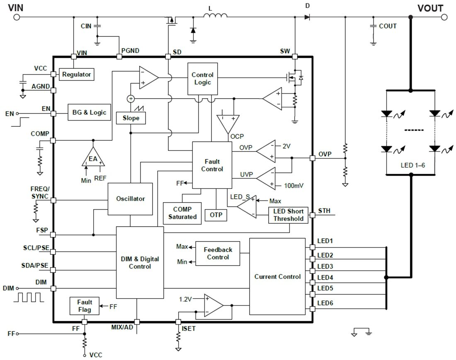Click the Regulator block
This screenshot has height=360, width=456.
pos(76,75)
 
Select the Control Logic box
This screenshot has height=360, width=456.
pos(202,78)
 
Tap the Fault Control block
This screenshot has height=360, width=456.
pos(212,165)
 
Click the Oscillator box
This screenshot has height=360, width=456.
pos(130,199)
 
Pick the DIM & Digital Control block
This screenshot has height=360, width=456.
pos(140,263)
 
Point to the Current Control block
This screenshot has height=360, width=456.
pos(277,276)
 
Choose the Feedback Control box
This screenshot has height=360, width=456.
pos(218,254)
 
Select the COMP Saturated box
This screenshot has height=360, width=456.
pos(182,213)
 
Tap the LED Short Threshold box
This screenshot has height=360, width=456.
pos(288,215)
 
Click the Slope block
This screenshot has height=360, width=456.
pos(131,118)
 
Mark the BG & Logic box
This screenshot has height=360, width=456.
pos(90,112)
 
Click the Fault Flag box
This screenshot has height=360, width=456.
pos(85,306)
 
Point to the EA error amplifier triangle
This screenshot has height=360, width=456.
pos(93,159)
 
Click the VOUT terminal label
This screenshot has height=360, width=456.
pos(430,8)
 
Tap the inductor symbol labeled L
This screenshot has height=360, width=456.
pos(215,16)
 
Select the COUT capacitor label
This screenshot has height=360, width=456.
pos(388,26)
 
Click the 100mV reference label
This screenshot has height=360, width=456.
pos(293,185)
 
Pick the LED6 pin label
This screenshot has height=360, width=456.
pos(325,303)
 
